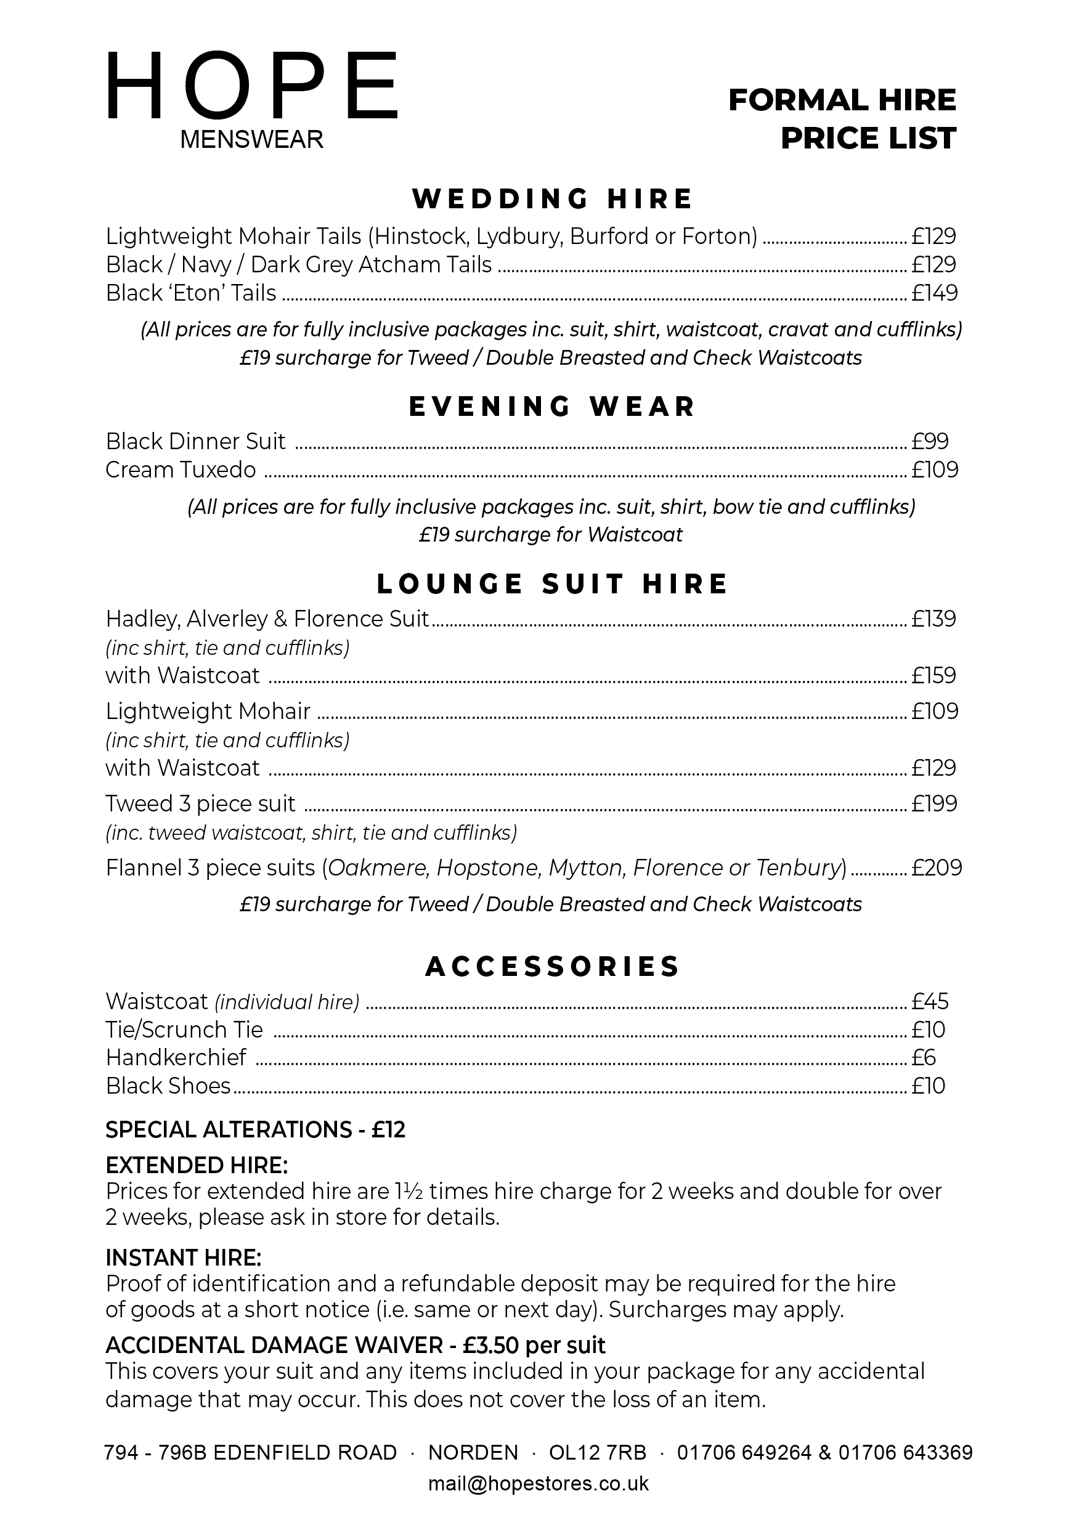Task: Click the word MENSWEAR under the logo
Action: [251, 140]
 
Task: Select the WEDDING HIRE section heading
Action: [552, 199]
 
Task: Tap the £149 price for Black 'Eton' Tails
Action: [935, 293]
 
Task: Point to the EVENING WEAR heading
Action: [552, 407]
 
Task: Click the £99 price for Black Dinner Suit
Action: [930, 441]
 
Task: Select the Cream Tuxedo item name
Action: [181, 470]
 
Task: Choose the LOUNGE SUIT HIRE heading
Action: [552, 583]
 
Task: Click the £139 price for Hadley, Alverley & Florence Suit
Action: [934, 619]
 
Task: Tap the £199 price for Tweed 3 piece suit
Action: [935, 803]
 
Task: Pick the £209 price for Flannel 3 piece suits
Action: [937, 868]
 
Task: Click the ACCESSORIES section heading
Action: [552, 966]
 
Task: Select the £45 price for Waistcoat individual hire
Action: [930, 1001]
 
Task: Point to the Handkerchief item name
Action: [176, 1057]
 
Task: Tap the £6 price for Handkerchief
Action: [924, 1057]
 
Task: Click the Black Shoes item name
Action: [168, 1086]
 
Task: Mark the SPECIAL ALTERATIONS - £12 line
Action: [255, 1129]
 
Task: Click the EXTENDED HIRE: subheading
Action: [197, 1164]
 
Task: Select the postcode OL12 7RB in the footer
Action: [597, 1452]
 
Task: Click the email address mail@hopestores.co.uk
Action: [538, 1484]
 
